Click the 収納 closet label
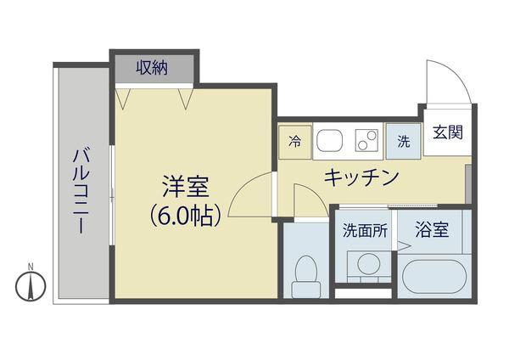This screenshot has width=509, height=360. coord(154,67)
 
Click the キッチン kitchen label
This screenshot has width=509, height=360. coord(360,177)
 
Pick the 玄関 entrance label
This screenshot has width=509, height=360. coord(447,133)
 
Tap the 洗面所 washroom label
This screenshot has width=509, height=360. coord(365,229)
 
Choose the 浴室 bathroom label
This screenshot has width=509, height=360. coord(432,228)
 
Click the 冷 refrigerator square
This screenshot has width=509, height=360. coord(294,141)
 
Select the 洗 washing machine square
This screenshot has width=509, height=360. coord(404,141)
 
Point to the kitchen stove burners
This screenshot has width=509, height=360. coord(366,140)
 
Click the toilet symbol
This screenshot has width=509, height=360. coord(303,271)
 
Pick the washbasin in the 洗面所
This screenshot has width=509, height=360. coord(368,264)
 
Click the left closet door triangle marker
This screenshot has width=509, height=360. coord(124,101)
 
